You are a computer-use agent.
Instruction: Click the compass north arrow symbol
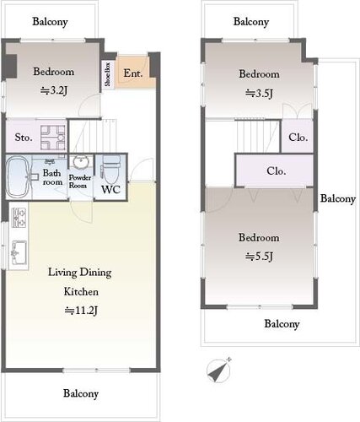218,371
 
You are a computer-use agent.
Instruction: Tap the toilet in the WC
111,170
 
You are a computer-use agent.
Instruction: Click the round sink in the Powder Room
81,162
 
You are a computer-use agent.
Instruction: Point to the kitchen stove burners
19,218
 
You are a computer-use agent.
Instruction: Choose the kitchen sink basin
19,252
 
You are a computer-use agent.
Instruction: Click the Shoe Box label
107,74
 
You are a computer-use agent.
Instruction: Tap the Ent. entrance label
133,73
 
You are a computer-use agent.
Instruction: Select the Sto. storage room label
24,138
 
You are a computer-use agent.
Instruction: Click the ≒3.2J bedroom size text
54,90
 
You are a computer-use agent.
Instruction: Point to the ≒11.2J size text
81,311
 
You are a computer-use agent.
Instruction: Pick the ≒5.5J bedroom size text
259,257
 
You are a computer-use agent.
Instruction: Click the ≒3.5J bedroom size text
259,93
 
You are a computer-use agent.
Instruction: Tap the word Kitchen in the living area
81,291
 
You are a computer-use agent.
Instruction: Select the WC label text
111,190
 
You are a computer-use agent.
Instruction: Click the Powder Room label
80,181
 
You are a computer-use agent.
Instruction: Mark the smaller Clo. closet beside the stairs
298,138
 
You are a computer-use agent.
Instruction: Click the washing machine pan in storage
53,138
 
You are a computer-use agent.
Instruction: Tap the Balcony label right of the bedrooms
338,198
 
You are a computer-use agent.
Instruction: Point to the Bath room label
52,177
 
